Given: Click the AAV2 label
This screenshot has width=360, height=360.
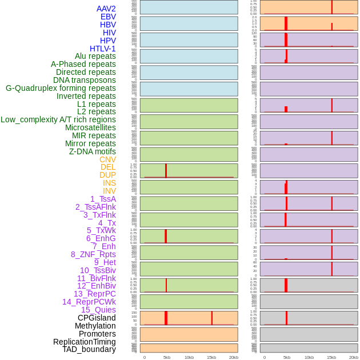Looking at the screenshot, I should click(x=106, y=9).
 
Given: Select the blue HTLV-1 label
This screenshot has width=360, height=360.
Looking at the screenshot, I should click(x=102, y=49).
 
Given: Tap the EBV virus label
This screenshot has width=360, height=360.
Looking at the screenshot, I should click(x=108, y=17).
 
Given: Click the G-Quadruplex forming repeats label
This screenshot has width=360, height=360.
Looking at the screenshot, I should click(x=61, y=88).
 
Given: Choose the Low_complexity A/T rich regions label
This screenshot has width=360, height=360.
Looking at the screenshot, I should click(x=58, y=119).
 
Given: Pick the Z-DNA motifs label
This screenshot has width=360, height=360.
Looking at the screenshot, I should click(x=93, y=151).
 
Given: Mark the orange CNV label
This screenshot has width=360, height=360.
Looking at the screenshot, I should click(x=107, y=159).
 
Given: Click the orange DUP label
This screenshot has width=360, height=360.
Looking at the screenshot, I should click(x=107, y=175).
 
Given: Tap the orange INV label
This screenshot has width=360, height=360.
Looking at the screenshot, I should click(x=109, y=191).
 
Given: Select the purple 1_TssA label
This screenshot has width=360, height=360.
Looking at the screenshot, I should click(x=103, y=199).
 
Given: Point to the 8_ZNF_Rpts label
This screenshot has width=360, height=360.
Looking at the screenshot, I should click(x=93, y=254).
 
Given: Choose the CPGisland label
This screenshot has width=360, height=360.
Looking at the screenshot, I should click(x=97, y=318).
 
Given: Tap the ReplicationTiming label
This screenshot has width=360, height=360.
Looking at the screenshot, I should click(x=84, y=342).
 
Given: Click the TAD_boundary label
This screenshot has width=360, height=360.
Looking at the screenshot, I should click(x=89, y=349).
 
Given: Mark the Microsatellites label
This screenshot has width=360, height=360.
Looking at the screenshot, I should click(x=90, y=127).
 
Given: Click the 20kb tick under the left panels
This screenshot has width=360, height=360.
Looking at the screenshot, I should click(x=233, y=357).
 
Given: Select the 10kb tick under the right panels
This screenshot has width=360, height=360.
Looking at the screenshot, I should click(x=309, y=357).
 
